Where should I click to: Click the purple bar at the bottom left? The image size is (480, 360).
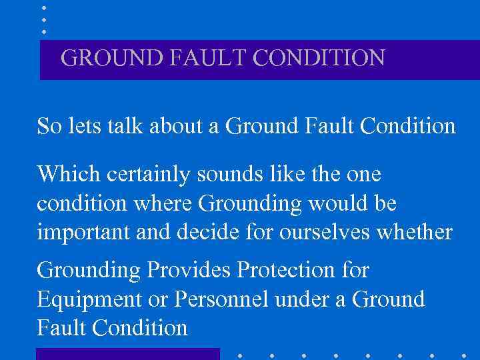click(x=127, y=353)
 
